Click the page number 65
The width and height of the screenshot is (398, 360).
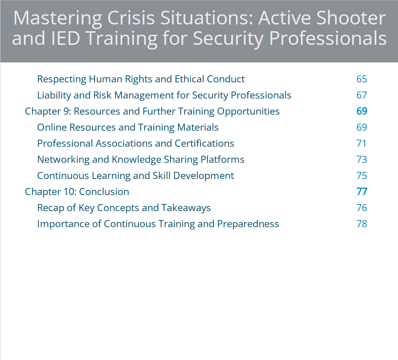click(362, 79)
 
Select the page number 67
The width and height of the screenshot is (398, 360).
click(362, 95)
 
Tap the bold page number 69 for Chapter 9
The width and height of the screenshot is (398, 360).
click(362, 111)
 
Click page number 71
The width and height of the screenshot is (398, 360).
click(362, 144)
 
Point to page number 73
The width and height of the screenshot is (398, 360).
click(362, 160)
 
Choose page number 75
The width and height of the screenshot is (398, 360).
click(362, 176)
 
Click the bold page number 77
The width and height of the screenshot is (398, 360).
click(362, 192)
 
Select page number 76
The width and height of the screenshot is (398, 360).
click(362, 208)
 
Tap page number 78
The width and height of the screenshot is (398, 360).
click(362, 224)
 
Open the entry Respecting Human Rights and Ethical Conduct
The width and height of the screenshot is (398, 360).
click(141, 79)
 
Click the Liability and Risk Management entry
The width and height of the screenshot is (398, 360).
click(164, 95)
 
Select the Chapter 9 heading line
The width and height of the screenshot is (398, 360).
click(152, 111)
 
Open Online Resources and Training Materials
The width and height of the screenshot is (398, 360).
click(128, 128)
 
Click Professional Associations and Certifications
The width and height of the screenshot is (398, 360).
click(135, 144)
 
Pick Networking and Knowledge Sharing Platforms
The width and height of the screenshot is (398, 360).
click(141, 160)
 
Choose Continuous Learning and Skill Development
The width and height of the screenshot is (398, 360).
click(135, 176)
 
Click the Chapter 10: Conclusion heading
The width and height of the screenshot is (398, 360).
click(77, 192)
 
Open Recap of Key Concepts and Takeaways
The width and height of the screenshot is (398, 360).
click(124, 208)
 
